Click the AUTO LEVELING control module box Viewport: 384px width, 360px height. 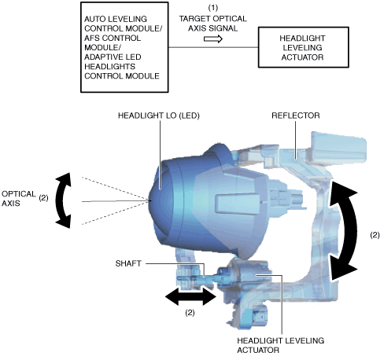(124, 47)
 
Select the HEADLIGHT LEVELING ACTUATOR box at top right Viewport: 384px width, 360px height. (304, 47)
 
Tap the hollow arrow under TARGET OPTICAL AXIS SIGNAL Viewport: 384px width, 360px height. (213, 39)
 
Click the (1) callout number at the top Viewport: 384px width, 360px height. (213, 8)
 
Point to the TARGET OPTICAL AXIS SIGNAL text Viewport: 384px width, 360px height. (213, 24)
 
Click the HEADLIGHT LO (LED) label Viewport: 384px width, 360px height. (159, 116)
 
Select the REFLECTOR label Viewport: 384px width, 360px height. (296, 116)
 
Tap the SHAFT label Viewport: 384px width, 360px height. (128, 263)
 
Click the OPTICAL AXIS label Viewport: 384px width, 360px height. (19, 198)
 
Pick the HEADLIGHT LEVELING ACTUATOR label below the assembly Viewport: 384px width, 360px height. (281, 345)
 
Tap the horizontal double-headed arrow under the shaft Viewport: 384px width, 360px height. (190, 296)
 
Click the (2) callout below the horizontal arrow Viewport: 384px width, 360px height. (190, 312)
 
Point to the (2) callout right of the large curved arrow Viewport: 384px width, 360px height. (375, 235)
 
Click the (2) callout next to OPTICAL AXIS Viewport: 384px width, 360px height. (43, 198)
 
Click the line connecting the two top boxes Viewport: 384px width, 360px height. (213, 47)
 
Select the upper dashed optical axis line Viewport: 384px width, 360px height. (115, 189)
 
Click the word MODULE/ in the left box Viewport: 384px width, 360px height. (102, 47)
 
